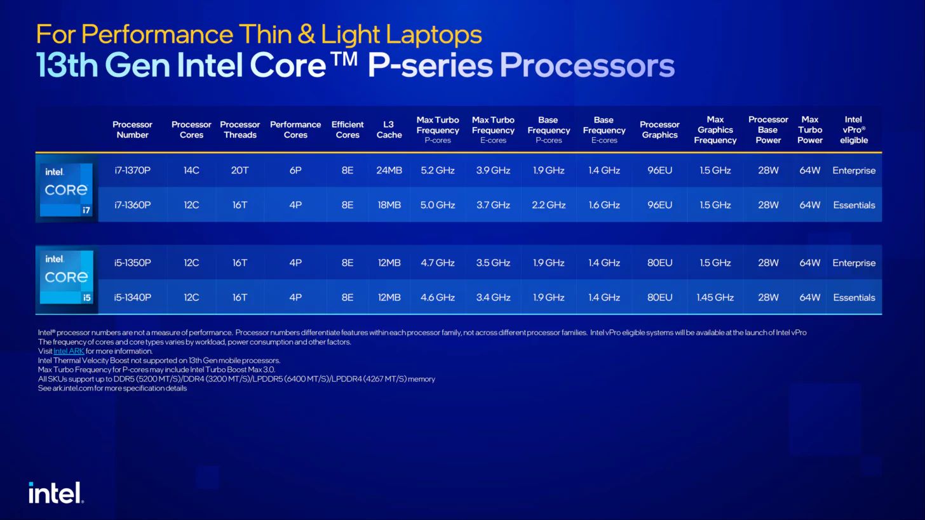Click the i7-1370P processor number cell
[132, 170]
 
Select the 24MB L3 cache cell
[389, 170]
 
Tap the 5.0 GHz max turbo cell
[437, 205]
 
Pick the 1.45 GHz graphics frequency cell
[715, 298]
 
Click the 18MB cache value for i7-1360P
[389, 205]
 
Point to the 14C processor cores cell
[191, 170]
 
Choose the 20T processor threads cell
[240, 170]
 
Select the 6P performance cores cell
[295, 170]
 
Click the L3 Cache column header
[389, 130]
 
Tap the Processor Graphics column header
[659, 130]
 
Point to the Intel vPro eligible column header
[853, 130]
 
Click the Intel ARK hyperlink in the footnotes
[69, 351]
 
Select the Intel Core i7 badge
[67, 189]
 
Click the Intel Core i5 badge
[67, 277]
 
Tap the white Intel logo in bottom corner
[56, 493]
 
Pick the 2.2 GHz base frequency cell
[548, 205]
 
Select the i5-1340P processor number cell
[132, 298]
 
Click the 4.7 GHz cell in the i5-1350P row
[437, 263]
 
